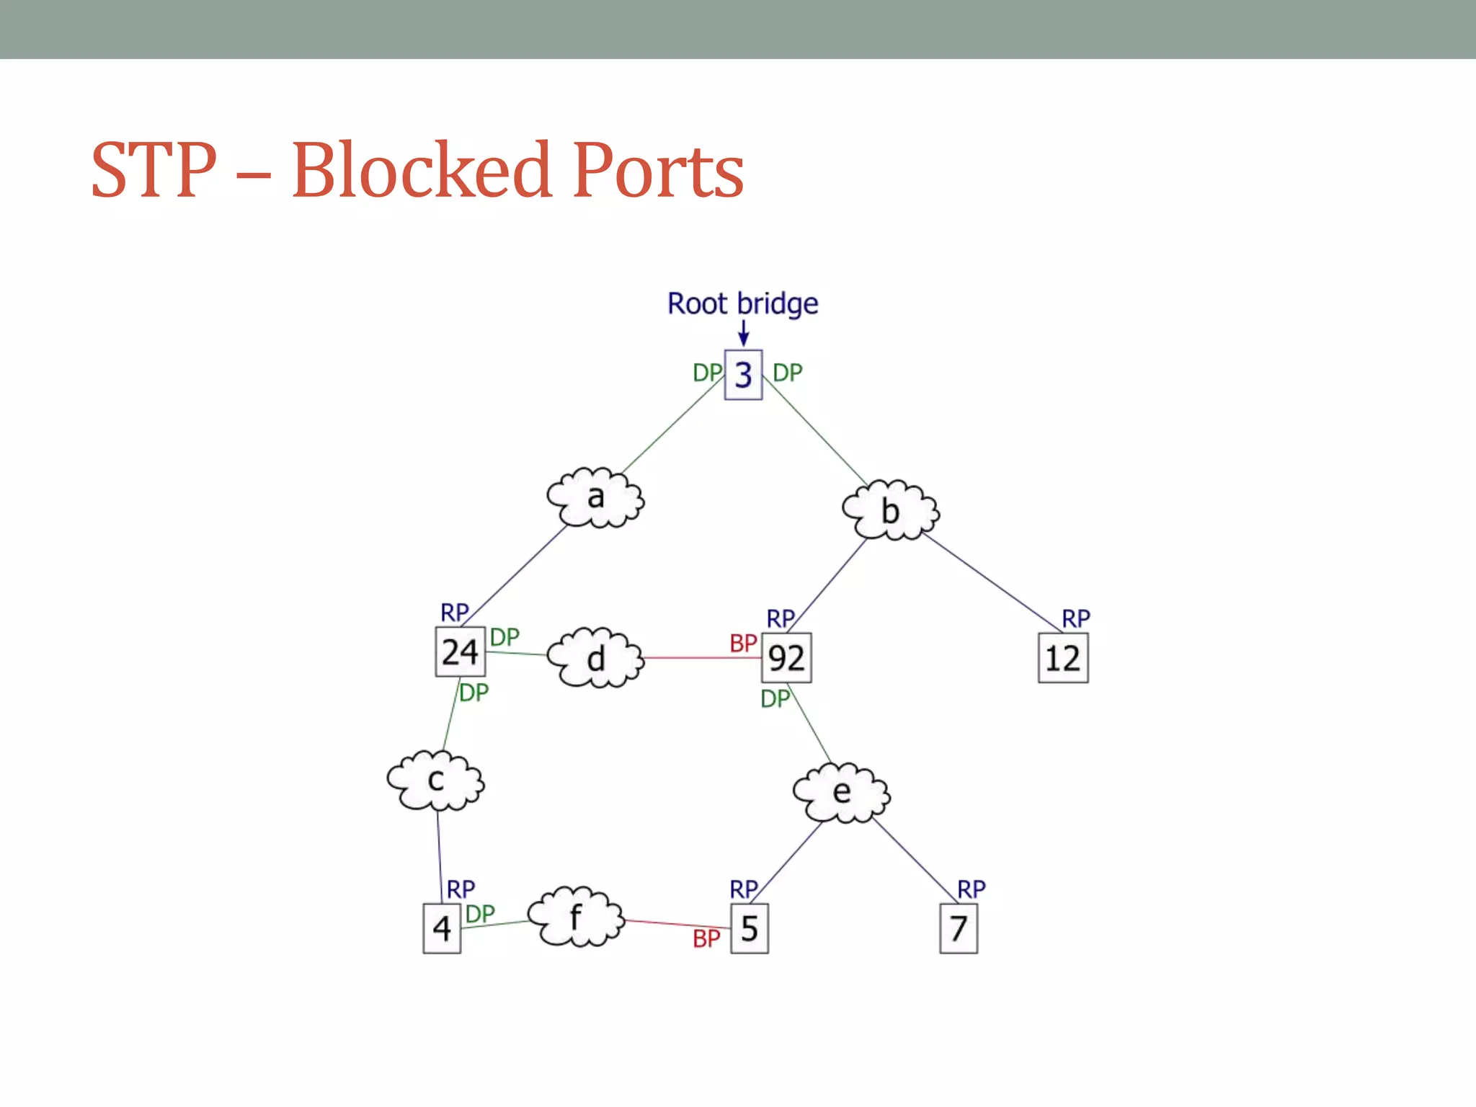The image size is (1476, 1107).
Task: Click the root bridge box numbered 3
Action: [x=743, y=375]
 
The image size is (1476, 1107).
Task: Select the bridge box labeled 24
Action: [x=460, y=652]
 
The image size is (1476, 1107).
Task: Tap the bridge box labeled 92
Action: [x=786, y=657]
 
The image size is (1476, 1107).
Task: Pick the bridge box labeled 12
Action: [x=1063, y=657]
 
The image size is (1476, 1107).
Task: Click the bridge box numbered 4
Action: [x=442, y=928]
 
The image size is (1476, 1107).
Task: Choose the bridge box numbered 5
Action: [x=750, y=928]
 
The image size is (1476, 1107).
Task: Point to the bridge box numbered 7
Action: [x=959, y=928]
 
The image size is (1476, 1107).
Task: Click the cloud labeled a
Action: [x=595, y=497]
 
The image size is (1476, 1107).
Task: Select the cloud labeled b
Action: [x=891, y=510]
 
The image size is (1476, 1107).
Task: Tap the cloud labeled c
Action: [x=435, y=780]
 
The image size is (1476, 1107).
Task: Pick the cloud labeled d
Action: [x=595, y=657]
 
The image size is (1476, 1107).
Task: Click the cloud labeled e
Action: [x=841, y=792]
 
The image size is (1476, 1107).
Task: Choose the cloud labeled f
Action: [x=575, y=917]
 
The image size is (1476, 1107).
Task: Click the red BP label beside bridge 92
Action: [x=743, y=643]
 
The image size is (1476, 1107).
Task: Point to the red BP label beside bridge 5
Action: [x=706, y=938]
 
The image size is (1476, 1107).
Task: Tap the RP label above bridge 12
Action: [x=1076, y=618]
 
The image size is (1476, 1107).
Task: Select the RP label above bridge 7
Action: [x=971, y=889]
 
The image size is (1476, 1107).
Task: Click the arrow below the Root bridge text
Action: [x=744, y=333]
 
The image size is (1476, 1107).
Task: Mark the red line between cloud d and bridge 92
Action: [x=703, y=658]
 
